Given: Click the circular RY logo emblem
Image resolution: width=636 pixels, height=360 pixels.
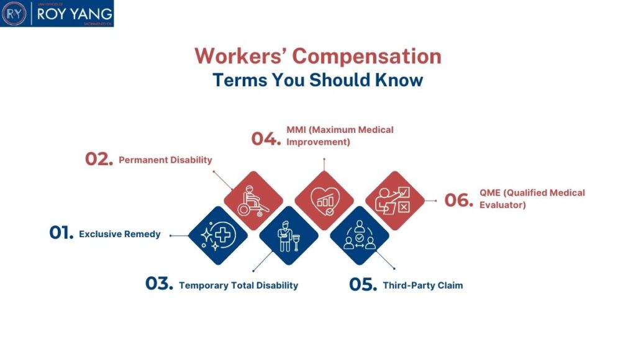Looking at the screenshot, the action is [x=14, y=14].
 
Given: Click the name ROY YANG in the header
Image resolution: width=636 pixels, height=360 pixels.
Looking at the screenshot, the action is [x=75, y=14].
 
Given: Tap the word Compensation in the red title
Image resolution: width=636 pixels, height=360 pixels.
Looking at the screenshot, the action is [x=366, y=56].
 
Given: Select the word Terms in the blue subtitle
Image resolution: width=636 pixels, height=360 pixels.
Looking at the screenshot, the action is [x=240, y=80].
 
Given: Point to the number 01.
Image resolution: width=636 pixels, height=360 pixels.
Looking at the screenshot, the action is [x=61, y=233].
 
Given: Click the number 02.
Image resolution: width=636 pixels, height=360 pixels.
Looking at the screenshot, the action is [x=99, y=159].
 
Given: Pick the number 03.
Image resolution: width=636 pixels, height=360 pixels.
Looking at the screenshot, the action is [x=159, y=283].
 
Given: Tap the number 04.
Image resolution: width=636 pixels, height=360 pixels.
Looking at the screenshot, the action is [x=266, y=138].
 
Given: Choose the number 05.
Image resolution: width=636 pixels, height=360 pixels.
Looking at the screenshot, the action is [x=363, y=284].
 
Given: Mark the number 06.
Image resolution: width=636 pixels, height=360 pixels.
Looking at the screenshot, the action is [x=459, y=200].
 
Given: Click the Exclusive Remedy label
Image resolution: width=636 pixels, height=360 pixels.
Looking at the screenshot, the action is [x=120, y=234].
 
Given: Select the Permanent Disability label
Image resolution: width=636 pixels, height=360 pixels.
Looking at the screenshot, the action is [x=165, y=160].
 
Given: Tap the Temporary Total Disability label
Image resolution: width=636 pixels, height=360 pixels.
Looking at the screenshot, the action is [x=238, y=286].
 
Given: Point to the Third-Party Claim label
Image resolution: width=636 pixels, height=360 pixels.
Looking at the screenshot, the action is [x=422, y=286].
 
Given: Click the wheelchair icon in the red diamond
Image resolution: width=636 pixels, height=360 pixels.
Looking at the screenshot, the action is [x=253, y=200].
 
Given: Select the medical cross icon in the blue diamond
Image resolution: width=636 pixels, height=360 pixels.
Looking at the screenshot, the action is [x=217, y=235].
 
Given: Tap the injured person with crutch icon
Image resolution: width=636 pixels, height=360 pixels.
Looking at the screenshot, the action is [x=288, y=236].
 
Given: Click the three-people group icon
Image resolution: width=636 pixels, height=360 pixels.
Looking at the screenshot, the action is [x=360, y=235].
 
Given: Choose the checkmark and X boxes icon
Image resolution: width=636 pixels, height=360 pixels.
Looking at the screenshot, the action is [x=393, y=200].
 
